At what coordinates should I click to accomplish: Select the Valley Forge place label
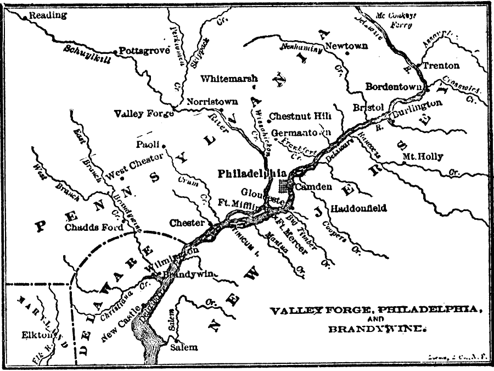click(x=143, y=114)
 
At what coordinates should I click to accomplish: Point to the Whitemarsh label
click(x=228, y=79)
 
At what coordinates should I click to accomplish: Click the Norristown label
click(x=212, y=102)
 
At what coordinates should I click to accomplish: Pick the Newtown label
click(x=346, y=47)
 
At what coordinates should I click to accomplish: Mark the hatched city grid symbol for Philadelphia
click(x=285, y=185)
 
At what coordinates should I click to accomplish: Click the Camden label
click(x=313, y=187)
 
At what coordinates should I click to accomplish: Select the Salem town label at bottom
click(x=183, y=348)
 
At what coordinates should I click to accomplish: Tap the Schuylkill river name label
click(x=86, y=54)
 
